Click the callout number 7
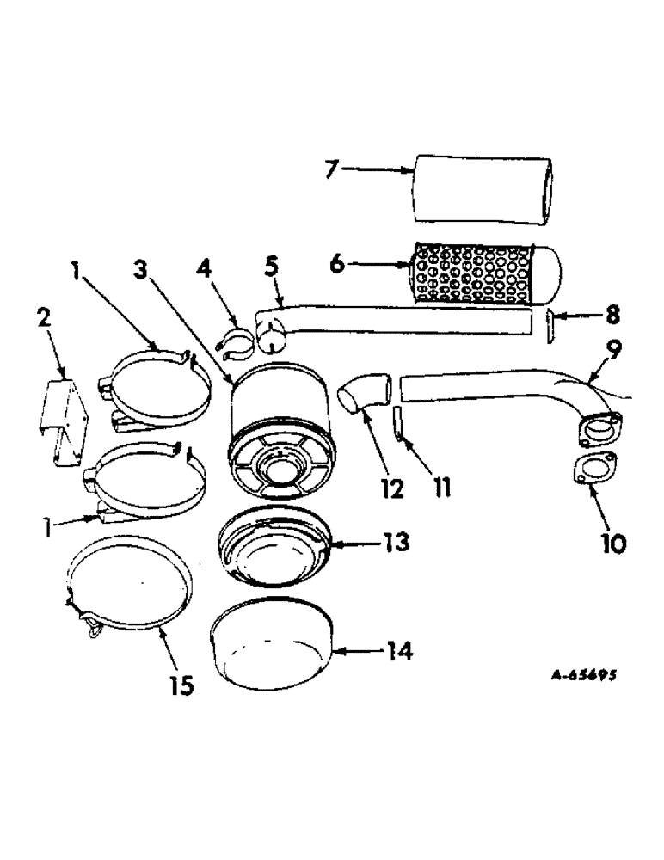[x=332, y=169]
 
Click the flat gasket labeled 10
[x=593, y=470]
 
